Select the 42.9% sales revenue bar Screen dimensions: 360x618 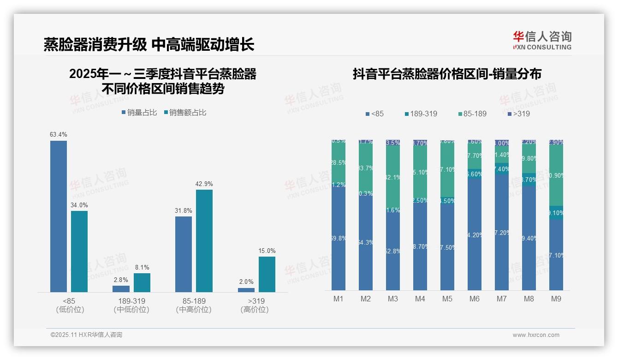click(x=204, y=240)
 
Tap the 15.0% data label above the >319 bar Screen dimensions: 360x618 click(x=267, y=251)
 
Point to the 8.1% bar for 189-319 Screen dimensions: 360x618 click(x=142, y=282)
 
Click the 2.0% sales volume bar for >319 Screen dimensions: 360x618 click(x=246, y=290)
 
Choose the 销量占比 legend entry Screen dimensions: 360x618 click(x=139, y=113)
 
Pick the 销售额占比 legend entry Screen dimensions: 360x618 click(x=185, y=113)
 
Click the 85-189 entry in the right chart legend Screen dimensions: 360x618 click(x=472, y=114)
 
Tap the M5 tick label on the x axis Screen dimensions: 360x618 click(x=447, y=299)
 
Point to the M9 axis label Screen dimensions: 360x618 click(x=556, y=299)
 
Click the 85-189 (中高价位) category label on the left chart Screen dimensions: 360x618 click(x=194, y=305)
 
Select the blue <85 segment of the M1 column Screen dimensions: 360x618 click(x=339, y=235)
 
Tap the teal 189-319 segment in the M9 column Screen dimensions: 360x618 click(x=556, y=212)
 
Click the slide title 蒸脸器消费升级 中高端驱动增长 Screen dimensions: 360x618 click(x=149, y=45)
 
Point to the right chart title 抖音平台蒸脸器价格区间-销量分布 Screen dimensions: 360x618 click(x=447, y=74)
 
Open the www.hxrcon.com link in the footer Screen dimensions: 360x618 click(x=536, y=335)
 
